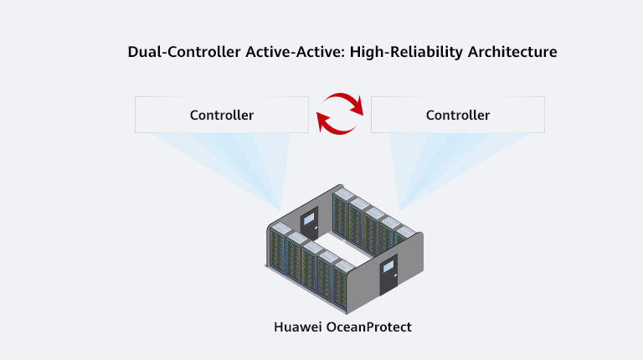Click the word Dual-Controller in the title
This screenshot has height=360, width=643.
[184, 52]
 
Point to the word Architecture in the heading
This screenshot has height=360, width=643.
[512, 52]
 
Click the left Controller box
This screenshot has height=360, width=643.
[222, 115]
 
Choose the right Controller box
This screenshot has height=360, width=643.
[458, 115]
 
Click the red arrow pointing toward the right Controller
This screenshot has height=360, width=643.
[344, 100]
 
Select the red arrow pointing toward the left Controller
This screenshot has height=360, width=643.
[334, 127]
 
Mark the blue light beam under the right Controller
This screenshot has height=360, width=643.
[443, 164]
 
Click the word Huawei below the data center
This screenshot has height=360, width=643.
[298, 327]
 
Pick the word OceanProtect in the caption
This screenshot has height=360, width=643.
[368, 327]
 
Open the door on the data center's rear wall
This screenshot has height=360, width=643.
[309, 224]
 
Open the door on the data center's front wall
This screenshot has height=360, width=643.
[388, 275]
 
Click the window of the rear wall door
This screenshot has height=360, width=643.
[309, 219]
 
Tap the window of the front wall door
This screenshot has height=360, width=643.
[388, 267]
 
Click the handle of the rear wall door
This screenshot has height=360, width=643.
[316, 227]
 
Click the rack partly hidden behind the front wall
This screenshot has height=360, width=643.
[403, 237]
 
